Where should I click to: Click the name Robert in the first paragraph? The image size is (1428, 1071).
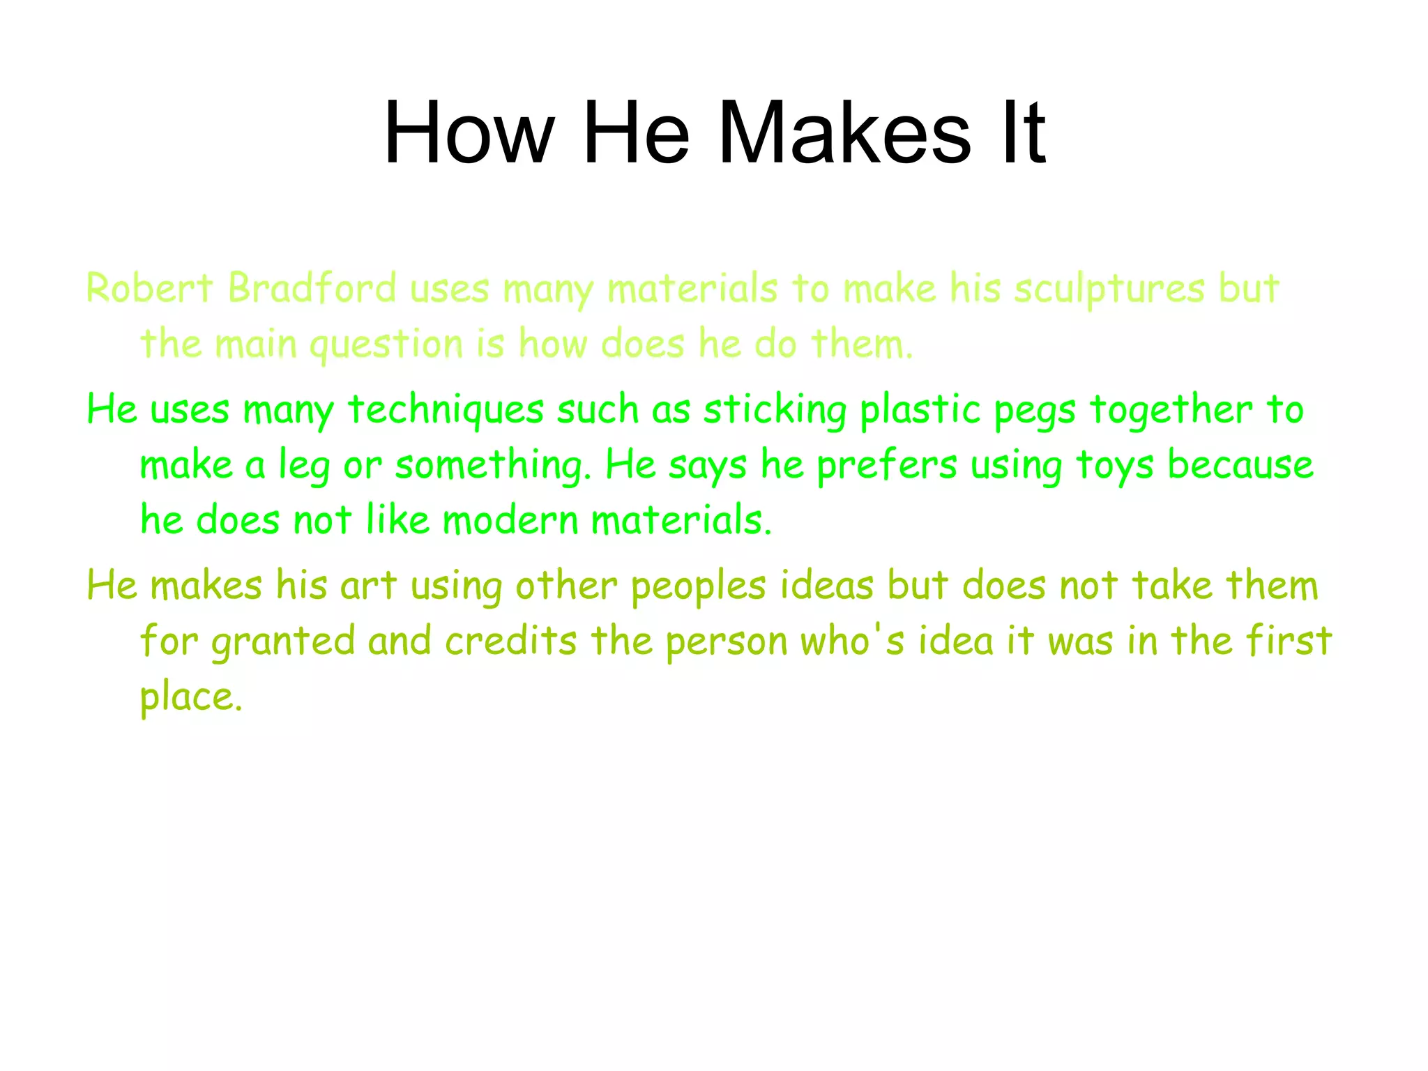[149, 288]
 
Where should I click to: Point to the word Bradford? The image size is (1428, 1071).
[312, 288]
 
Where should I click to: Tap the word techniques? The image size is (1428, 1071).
[446, 410]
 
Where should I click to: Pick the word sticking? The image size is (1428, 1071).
[775, 410]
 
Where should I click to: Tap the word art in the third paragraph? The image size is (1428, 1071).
[368, 585]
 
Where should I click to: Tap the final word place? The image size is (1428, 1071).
[191, 697]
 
